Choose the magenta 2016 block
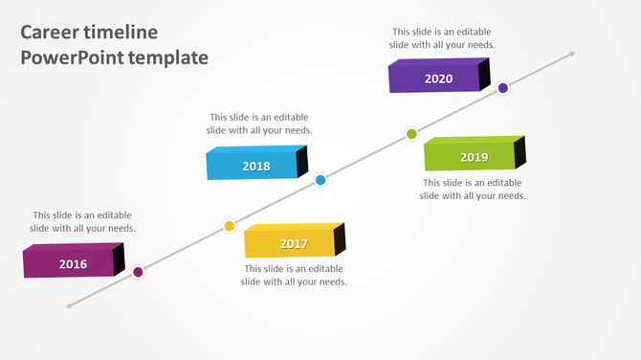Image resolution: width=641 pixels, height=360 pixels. tap(73, 262)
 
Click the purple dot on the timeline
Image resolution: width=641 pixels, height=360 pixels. tap(503, 88)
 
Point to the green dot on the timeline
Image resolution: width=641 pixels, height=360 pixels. tap(411, 134)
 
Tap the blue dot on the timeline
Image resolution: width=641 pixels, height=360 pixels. tap(320, 180)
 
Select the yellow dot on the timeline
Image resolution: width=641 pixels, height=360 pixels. tap(230, 226)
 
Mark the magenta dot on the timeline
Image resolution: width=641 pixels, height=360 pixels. tap(138, 272)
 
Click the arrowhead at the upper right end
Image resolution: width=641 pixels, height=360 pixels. tap(571, 55)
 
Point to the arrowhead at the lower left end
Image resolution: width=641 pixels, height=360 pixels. tap(70, 305)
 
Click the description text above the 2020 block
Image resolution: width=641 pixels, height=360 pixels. tap(442, 37)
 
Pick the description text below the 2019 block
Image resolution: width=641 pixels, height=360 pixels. tap(473, 189)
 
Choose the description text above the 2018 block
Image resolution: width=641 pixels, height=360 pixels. tap(260, 124)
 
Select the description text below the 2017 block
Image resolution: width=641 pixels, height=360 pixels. tap(294, 275)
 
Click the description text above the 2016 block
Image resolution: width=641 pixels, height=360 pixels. tap(83, 221)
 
